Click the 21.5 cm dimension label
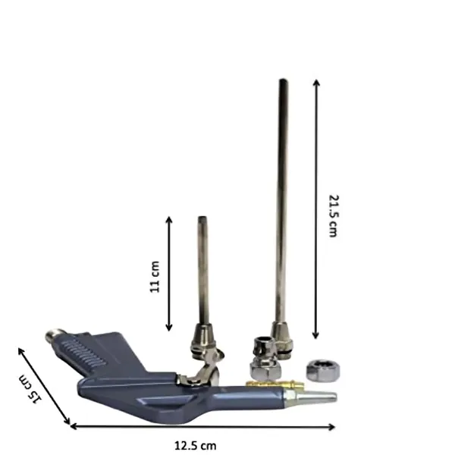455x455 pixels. [x=334, y=216]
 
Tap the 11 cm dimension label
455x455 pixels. [x=155, y=277]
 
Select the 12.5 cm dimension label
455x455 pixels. [x=196, y=445]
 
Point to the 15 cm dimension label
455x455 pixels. [x=30, y=389]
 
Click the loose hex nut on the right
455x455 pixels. [x=323, y=371]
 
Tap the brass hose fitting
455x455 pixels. [x=275, y=384]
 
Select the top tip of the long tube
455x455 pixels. [x=283, y=80]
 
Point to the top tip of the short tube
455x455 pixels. [x=202, y=217]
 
